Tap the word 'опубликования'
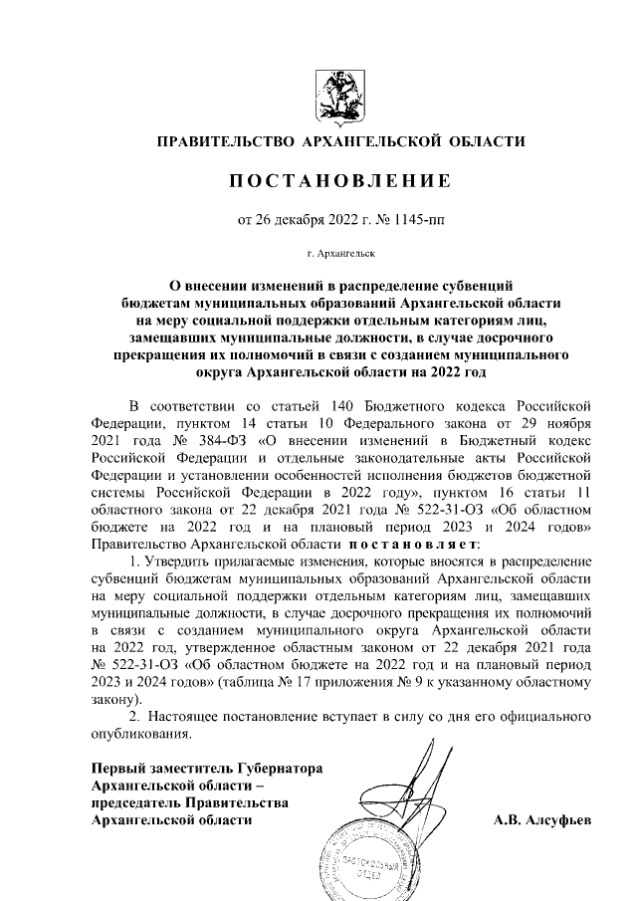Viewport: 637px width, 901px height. pyautogui.click(x=139, y=735)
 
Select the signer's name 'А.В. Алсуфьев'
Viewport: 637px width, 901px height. pyautogui.click(x=541, y=820)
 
